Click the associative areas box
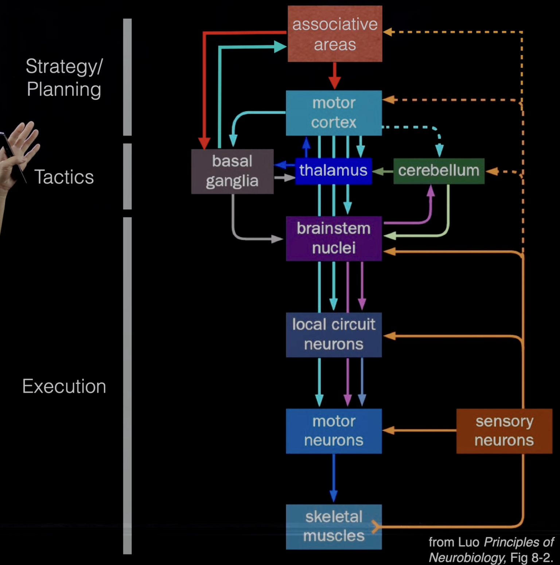pos(335,34)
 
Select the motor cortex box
pos(334,113)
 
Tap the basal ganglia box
pos(232,171)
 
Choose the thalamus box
pos(333,170)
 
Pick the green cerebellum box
pos(439,171)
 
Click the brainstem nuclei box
pos(334,238)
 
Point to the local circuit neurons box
pos(334,335)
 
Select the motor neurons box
pos(334,431)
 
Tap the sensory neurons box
pos(504,431)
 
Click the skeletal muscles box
pos(334,526)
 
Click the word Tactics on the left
pos(64,177)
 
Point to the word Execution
pos(64,386)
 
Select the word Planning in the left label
pos(64,90)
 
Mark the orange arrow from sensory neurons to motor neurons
pos(419,430)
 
